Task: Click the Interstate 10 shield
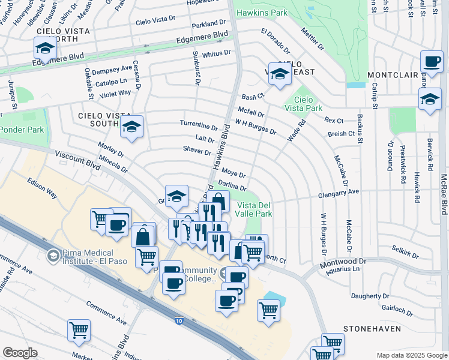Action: click(x=180, y=322)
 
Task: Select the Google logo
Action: click(x=20, y=353)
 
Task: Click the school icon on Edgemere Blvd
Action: click(x=45, y=47)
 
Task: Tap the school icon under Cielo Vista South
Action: click(x=131, y=126)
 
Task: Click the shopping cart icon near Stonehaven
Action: click(x=333, y=343)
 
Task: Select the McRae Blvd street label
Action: click(x=444, y=194)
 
